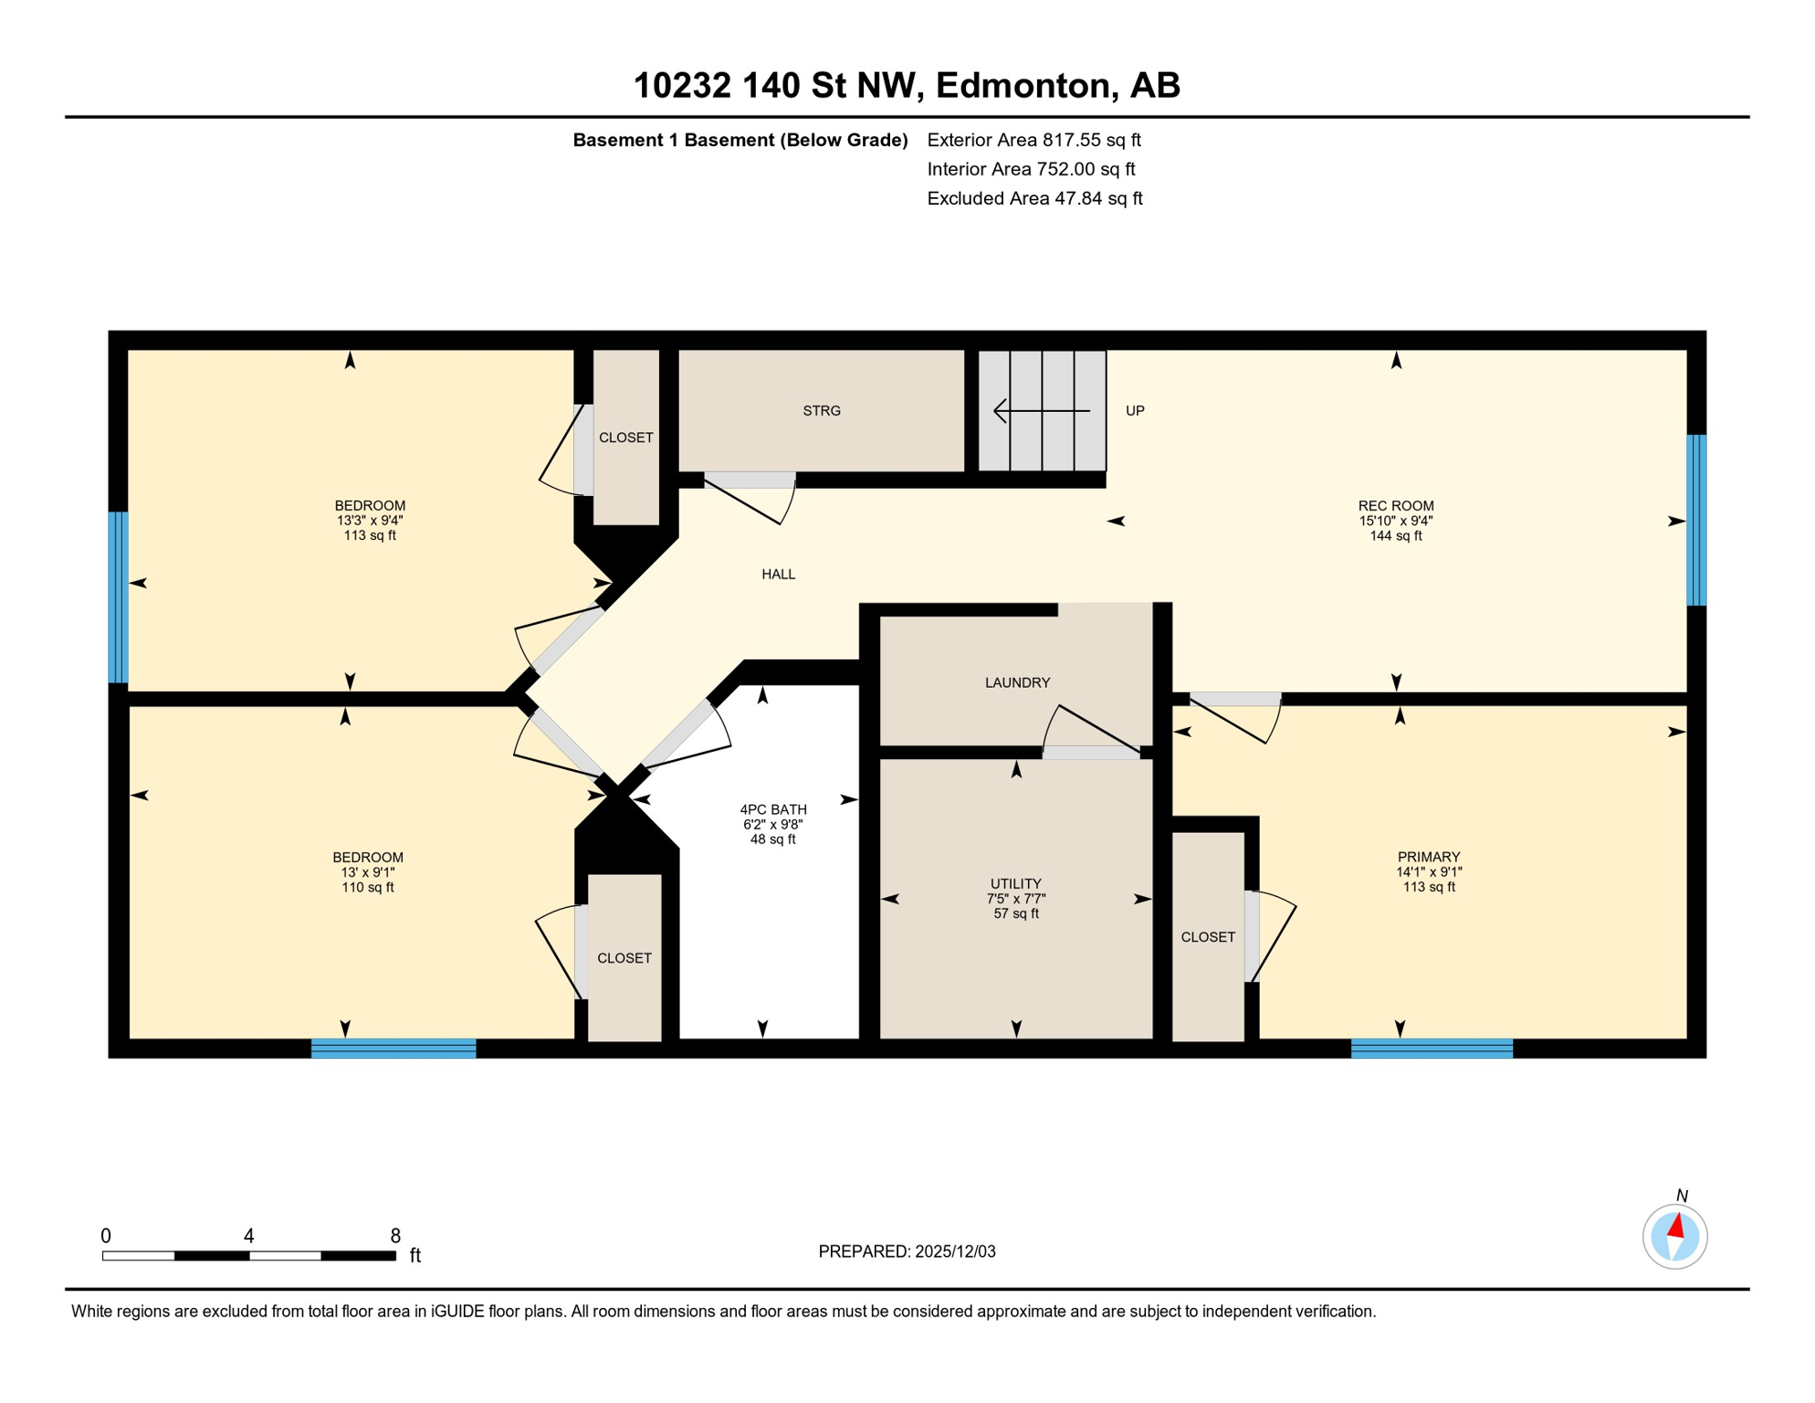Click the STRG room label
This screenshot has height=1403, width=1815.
821,411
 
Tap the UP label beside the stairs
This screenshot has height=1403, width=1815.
1135,411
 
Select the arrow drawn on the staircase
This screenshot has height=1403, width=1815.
1041,411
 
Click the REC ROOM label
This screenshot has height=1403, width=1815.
1395,506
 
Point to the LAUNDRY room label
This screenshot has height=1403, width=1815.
1017,682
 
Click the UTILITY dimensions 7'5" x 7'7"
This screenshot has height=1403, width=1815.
1015,899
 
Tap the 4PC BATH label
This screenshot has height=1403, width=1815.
772,809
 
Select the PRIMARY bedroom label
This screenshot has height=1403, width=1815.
1428,857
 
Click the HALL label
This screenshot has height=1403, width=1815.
778,575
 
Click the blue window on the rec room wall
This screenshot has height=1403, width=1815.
1695,521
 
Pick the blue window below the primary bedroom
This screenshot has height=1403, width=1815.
1431,1049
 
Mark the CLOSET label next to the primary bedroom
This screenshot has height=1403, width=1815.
1207,937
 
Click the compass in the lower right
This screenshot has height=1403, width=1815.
1674,1237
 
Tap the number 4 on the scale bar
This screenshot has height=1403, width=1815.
248,1236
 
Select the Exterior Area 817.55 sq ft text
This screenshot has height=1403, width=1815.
1033,140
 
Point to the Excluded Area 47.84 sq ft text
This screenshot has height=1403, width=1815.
1034,198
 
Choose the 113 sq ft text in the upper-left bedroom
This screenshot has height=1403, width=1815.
370,535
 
